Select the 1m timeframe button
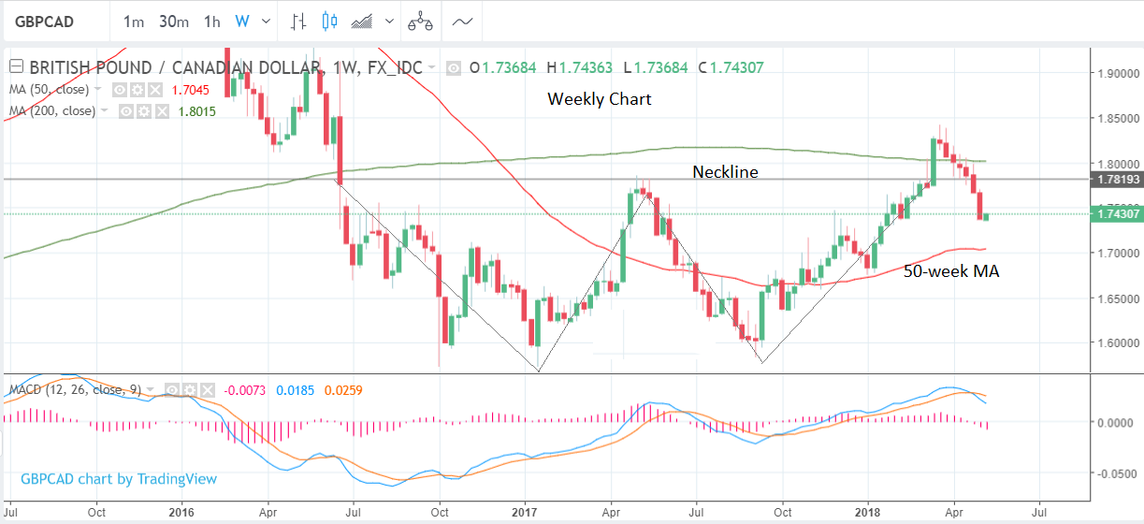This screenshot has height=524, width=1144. pos(134,21)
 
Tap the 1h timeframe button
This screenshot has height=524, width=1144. pos(212,21)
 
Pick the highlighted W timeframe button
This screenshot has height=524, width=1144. pos(242,21)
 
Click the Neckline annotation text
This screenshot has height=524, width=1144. pos(725,171)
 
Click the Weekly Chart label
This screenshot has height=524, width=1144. pos(599,98)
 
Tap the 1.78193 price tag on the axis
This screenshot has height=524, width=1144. pos(1117,179)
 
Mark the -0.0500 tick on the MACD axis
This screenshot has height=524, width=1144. pos(1118,473)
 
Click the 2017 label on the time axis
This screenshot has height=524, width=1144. pos(524,512)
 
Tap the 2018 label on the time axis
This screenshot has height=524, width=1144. pos(867,512)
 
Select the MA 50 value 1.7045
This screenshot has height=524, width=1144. pos(190,90)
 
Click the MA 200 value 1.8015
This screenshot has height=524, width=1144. pos(196,110)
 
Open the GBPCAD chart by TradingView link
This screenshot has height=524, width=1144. pos(119,479)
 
